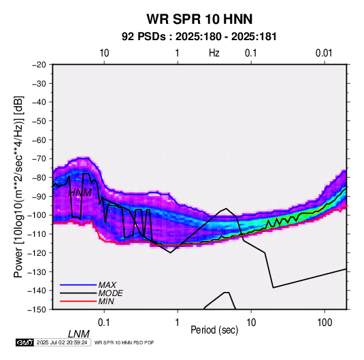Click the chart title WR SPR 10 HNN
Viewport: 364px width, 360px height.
pyautogui.click(x=199, y=19)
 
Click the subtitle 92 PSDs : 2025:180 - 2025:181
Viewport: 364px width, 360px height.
pyautogui.click(x=199, y=37)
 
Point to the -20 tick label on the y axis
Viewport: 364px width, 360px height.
pyautogui.click(x=39, y=65)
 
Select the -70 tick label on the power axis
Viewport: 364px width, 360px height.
pyautogui.click(x=39, y=159)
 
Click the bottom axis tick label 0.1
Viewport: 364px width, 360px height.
pyautogui.click(x=104, y=323)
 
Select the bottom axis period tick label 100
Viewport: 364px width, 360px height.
pyautogui.click(x=325, y=323)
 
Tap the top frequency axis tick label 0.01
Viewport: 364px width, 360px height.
pyautogui.click(x=324, y=53)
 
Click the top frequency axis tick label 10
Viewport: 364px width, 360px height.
pyautogui.click(x=104, y=53)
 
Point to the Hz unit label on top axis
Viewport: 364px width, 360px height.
pyautogui.click(x=214, y=53)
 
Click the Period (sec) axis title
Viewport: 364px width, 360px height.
pyautogui.click(x=214, y=330)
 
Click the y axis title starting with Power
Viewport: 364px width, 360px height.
pyautogui.click(x=18, y=186)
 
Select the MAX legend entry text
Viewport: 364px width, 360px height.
pyautogui.click(x=107, y=284)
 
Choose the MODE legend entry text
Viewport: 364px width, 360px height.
pyautogui.click(x=110, y=293)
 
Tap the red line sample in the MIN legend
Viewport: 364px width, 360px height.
pyautogui.click(x=78, y=301)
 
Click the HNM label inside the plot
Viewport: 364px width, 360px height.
pyautogui.click(x=80, y=193)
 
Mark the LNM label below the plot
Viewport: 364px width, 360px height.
pyautogui.click(x=78, y=334)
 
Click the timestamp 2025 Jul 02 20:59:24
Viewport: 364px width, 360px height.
pyautogui.click(x=62, y=342)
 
